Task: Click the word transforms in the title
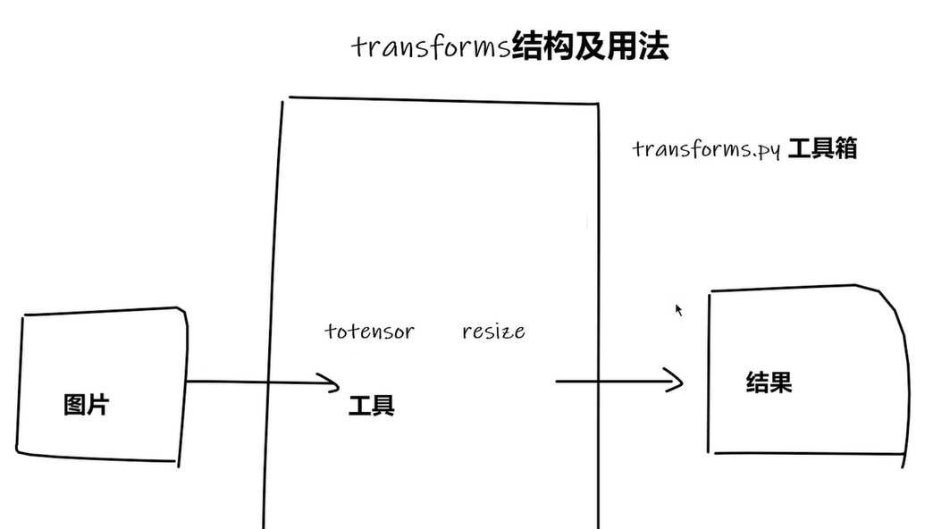(x=431, y=46)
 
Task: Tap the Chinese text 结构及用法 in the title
(x=590, y=46)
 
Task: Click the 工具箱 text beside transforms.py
(x=822, y=148)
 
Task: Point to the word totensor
(x=369, y=332)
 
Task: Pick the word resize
(x=493, y=332)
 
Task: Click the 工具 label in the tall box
(x=371, y=407)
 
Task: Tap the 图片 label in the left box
(x=87, y=404)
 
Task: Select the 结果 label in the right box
(x=769, y=383)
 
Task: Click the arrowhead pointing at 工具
(x=333, y=384)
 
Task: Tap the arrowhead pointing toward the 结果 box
(x=676, y=382)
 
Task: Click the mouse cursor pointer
(x=678, y=309)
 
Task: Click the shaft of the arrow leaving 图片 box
(x=250, y=382)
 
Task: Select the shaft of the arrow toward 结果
(x=608, y=382)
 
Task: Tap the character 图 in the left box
(x=75, y=404)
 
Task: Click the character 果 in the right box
(x=780, y=383)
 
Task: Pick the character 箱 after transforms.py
(x=845, y=148)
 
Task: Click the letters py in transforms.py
(x=769, y=150)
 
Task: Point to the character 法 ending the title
(x=655, y=46)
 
